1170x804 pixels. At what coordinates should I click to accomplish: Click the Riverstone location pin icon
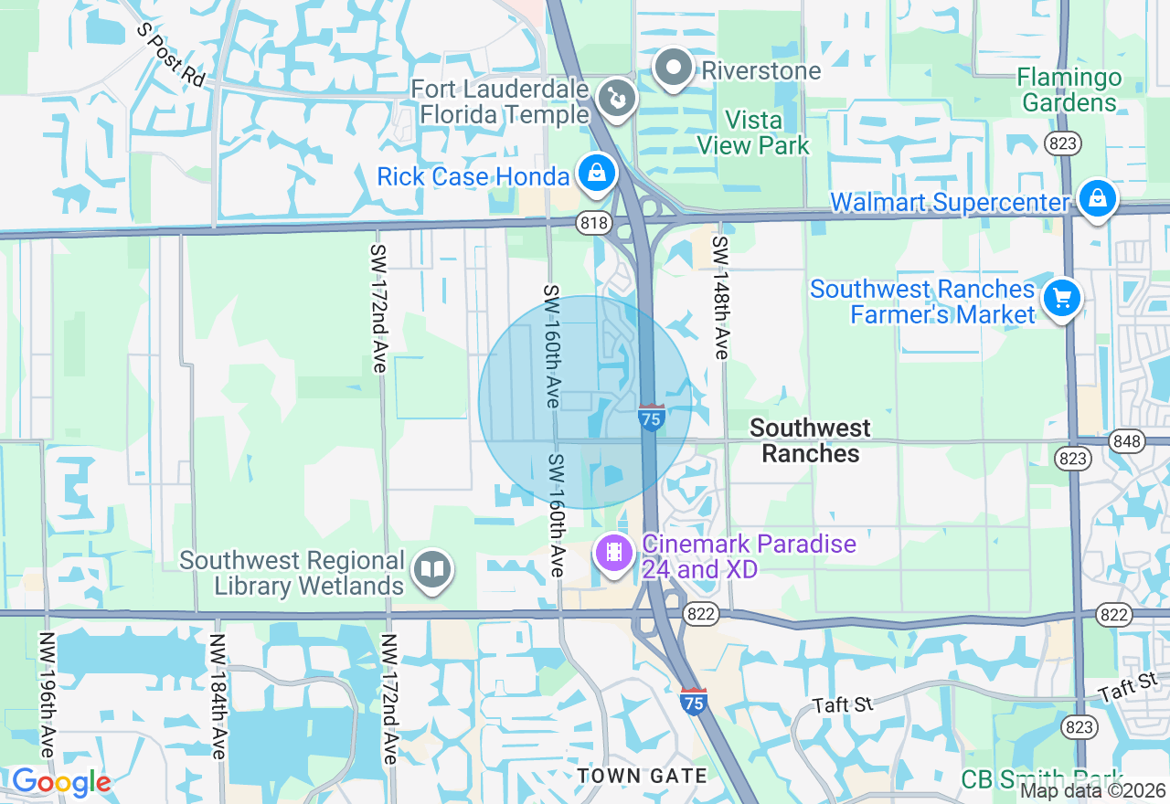(675, 69)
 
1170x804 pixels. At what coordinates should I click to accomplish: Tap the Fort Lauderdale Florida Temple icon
(617, 99)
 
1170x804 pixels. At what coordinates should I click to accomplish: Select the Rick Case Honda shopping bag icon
(597, 174)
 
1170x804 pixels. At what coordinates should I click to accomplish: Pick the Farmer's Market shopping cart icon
(1061, 298)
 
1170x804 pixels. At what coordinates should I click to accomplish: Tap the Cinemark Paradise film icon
(615, 552)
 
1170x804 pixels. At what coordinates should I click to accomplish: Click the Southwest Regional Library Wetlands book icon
(431, 570)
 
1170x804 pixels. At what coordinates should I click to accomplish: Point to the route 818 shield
(593, 222)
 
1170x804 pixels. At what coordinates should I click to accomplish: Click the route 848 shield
(1127, 442)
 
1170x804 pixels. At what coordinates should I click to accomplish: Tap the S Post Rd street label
(171, 55)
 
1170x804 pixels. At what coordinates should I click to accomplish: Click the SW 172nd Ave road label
(378, 307)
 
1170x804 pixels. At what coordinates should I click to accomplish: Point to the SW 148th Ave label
(721, 298)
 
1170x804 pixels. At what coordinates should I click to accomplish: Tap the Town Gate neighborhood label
(642, 776)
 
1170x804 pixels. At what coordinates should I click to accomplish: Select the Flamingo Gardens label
(1069, 90)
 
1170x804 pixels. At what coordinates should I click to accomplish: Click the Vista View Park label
(753, 132)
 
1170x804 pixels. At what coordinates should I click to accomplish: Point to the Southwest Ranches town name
(810, 440)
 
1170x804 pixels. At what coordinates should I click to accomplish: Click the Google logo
(61, 782)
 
